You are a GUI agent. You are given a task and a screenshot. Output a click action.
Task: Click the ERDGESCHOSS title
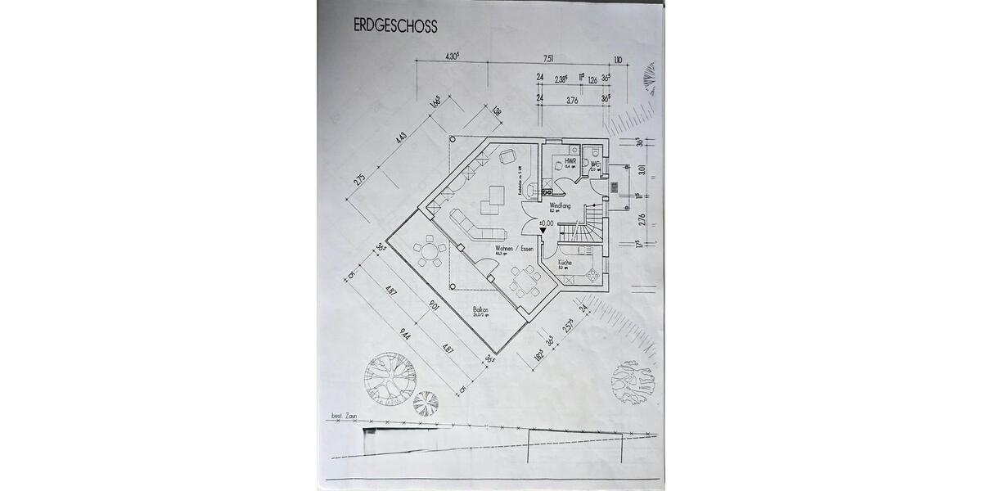(x=395, y=26)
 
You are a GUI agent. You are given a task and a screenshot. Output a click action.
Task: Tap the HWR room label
(x=570, y=161)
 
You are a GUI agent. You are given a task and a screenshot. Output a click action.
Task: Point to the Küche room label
(x=565, y=263)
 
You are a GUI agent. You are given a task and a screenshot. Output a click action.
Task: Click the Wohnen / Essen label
(x=513, y=249)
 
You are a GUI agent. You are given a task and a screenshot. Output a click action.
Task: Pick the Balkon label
(x=480, y=310)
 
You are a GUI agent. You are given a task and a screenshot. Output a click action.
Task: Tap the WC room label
(x=597, y=164)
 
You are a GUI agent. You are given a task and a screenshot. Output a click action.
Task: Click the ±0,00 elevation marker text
(x=545, y=223)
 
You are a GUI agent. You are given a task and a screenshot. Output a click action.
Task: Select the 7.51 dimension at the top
(x=548, y=58)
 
